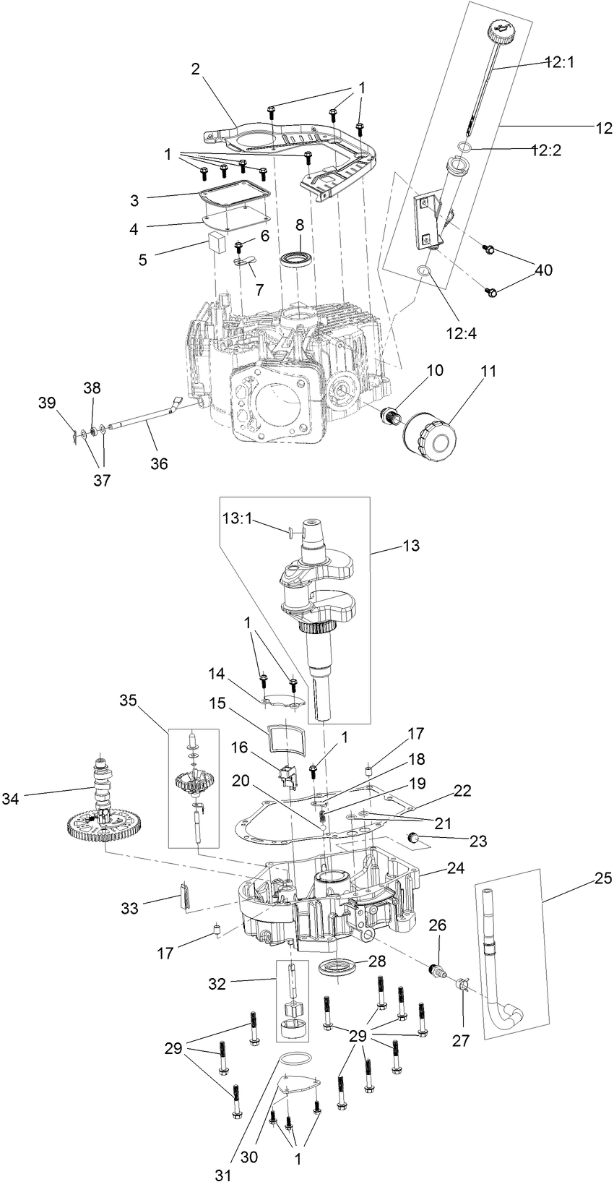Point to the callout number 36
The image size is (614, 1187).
point(158,463)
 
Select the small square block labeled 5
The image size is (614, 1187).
point(215,241)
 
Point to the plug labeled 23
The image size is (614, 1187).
point(415,838)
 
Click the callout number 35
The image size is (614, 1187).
point(128,700)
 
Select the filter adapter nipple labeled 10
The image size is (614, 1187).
point(390,416)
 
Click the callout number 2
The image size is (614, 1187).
point(195,69)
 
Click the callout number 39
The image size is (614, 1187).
point(46,403)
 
